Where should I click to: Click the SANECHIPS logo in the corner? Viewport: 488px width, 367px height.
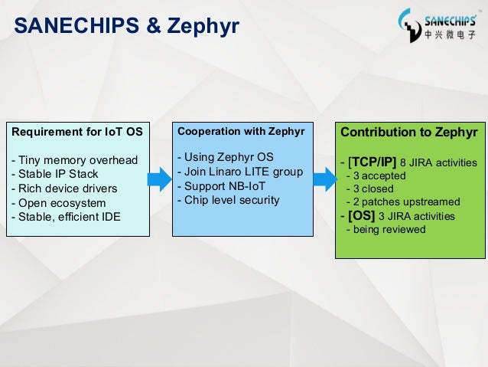coord(438,25)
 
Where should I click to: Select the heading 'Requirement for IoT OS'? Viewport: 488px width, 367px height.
coord(76,132)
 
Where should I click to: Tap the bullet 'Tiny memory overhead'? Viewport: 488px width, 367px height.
coord(74,160)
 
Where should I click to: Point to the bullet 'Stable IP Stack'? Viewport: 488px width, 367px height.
coord(54,174)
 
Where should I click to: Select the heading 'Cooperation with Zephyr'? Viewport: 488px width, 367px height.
coord(241,132)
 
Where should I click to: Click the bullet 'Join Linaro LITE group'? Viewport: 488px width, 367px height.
coord(240,172)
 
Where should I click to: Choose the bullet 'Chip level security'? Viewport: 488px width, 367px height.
coord(228,201)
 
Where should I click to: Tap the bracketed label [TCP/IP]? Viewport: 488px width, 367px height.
coord(372,162)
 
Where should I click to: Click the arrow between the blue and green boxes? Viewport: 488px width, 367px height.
coord(325,180)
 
